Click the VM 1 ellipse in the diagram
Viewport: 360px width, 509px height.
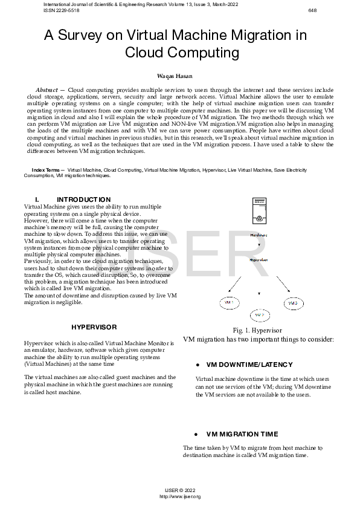tap(230, 302)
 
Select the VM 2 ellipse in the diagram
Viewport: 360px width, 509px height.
tap(259, 315)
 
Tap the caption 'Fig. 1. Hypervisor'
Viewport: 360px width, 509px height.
tap(257, 331)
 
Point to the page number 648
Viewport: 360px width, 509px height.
tap(312, 10)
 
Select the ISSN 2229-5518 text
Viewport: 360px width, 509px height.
tap(62, 10)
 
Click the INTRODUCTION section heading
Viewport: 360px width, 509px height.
tap(83, 199)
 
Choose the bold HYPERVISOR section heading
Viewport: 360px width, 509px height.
tap(94, 327)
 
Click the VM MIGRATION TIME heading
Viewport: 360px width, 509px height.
tap(242, 434)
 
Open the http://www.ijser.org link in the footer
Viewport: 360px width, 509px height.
tap(179, 496)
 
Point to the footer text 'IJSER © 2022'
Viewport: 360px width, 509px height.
tap(180, 490)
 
